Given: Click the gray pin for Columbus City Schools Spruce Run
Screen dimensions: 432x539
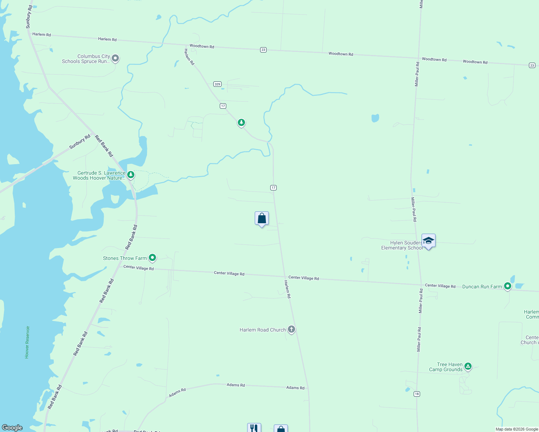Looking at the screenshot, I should click(115, 58).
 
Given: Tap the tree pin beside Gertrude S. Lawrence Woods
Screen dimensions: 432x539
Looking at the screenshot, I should click(131, 175).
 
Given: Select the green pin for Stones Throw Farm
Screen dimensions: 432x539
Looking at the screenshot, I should click(152, 257).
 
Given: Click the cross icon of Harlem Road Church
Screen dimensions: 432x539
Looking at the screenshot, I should click(291, 329).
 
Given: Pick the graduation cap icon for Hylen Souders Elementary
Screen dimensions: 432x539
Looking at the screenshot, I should click(428, 241).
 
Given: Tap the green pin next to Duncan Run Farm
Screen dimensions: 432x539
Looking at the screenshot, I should click(508, 286).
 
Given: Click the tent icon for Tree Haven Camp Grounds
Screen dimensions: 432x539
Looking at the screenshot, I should click(468, 366).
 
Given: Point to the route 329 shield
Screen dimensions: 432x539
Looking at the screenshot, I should click(217, 84).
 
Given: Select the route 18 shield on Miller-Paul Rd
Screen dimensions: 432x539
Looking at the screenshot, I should click(417, 394).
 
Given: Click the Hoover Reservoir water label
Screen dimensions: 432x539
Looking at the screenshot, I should click(27, 342).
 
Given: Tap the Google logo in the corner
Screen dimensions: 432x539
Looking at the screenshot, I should click(12, 428).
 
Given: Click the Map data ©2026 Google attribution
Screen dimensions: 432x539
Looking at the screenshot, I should click(517, 429).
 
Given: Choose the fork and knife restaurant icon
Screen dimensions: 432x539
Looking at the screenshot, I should click(254, 428).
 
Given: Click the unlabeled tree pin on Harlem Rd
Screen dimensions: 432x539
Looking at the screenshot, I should click(241, 123).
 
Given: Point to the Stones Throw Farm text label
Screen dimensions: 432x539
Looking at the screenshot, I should click(125, 258).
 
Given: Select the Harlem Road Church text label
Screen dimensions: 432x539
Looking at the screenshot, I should click(263, 330).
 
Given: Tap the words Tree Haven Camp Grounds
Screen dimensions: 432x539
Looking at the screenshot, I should click(446, 367).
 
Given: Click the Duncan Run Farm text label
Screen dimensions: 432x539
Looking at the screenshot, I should click(482, 287).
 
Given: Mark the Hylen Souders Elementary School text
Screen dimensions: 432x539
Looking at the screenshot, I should click(402, 245).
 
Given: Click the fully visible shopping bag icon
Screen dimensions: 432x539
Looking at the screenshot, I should click(262, 219).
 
